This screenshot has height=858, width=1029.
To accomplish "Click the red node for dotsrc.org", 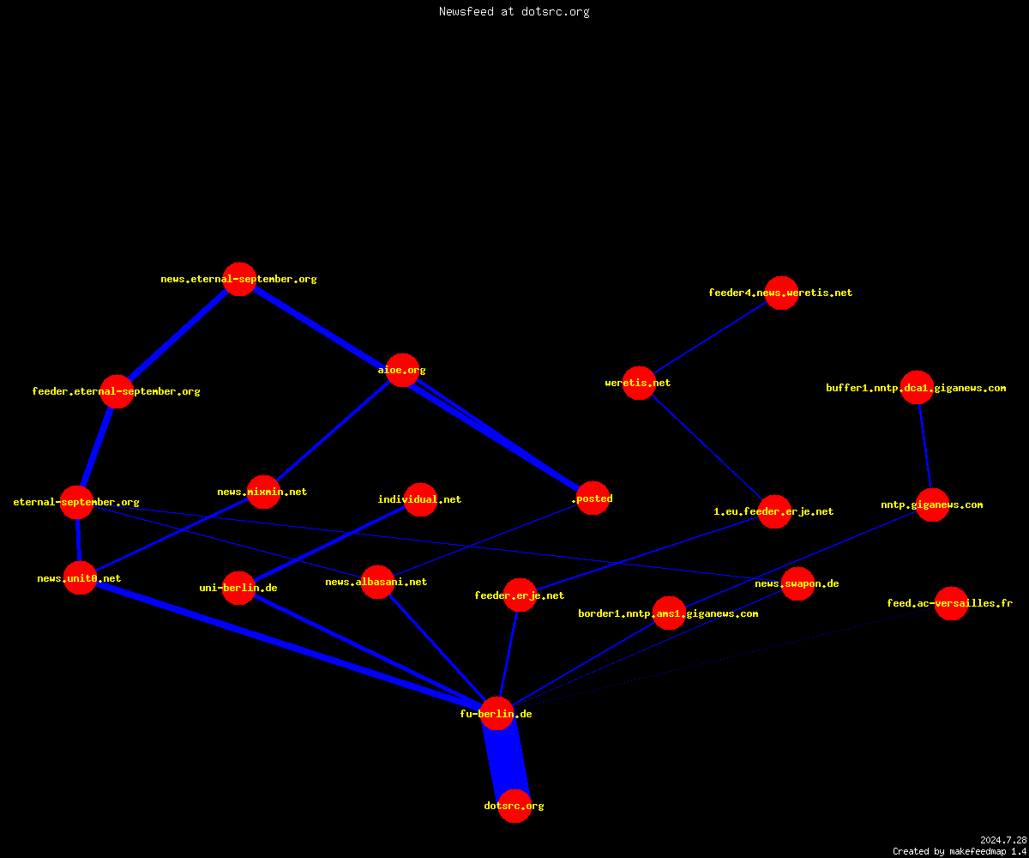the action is tap(514, 806).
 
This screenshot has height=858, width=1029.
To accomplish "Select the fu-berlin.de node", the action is tap(496, 714).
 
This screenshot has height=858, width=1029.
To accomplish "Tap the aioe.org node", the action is tap(403, 370).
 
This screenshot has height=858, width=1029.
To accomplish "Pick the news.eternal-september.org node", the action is tap(239, 279).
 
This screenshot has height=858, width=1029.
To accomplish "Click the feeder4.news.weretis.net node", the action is tap(781, 293).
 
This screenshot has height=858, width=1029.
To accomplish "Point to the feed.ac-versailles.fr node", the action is tap(951, 603).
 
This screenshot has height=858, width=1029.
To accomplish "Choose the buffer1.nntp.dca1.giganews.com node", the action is tap(917, 388).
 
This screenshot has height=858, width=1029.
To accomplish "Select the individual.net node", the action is tap(420, 499).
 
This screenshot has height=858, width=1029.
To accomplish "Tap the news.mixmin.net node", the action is tap(263, 492).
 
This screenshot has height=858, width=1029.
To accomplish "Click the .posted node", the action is tap(593, 498).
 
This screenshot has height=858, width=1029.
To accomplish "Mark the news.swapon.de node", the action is tap(797, 583).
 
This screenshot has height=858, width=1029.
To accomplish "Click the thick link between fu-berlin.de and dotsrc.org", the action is tap(506, 759).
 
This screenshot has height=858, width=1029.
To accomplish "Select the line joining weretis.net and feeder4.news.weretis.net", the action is tap(710, 338).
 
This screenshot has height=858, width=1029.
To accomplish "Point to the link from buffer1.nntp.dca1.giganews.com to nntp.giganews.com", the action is tap(924, 446).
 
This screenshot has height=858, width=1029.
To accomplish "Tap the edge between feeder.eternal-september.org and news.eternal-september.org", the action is tap(178, 335).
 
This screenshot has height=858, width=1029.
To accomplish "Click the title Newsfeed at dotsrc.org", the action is tap(514, 11).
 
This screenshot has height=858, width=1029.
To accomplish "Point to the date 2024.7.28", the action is tap(1003, 840).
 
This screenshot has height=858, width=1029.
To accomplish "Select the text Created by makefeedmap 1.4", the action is tap(960, 851).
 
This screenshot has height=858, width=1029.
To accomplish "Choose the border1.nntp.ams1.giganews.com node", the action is tap(669, 613).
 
